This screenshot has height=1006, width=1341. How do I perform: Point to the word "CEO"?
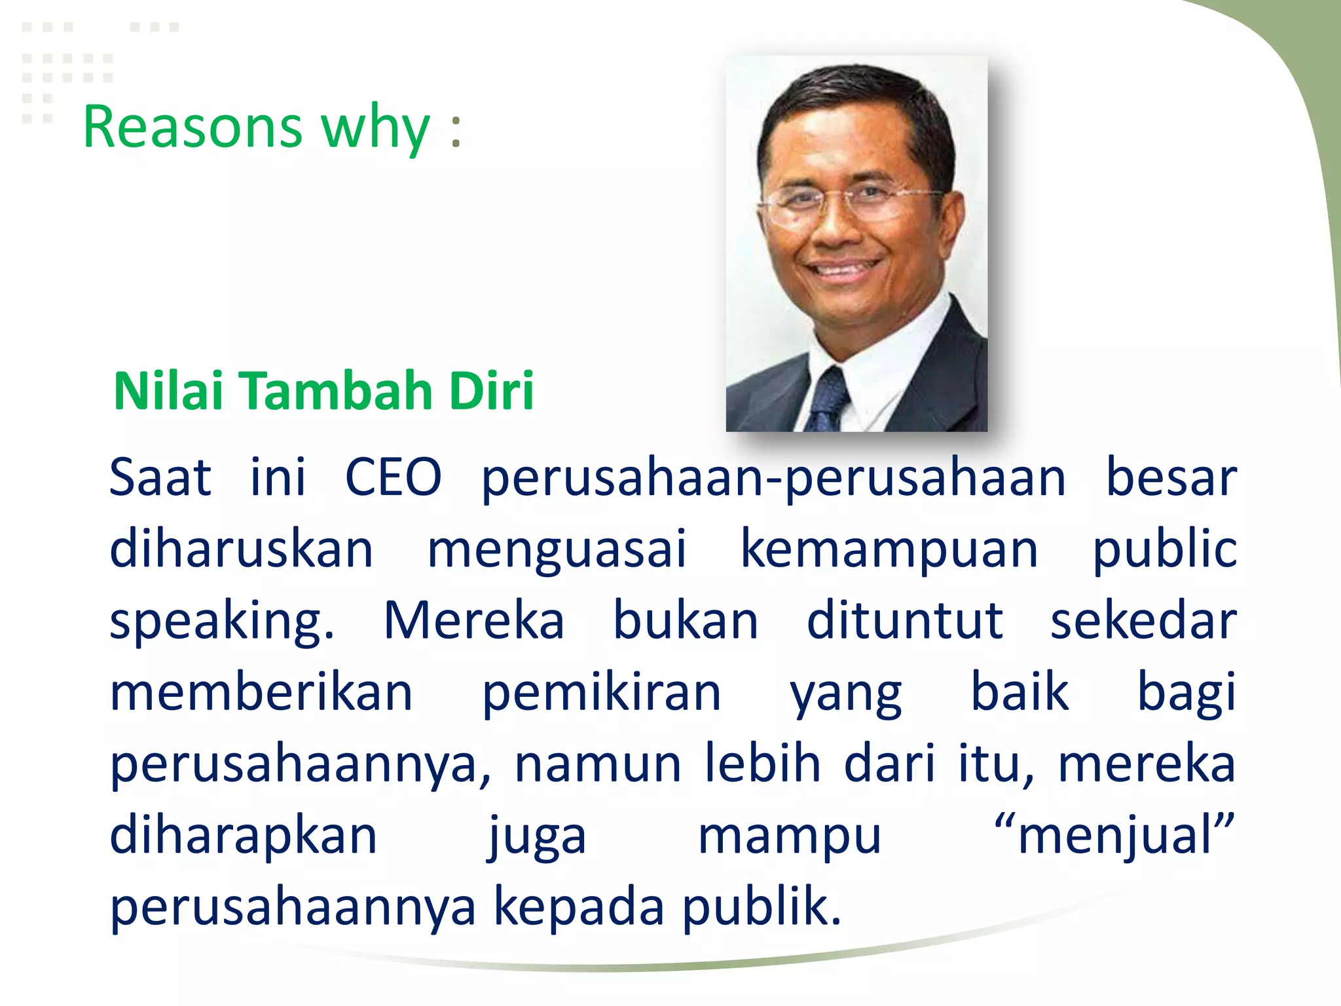click(x=393, y=477)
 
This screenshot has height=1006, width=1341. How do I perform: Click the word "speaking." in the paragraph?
click(x=222, y=622)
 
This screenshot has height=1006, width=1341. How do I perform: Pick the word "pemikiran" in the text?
click(x=601, y=694)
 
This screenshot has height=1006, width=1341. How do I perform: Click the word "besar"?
click(x=1171, y=477)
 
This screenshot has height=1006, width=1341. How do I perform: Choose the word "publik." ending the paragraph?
click(x=762, y=908)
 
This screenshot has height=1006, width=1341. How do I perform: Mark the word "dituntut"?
click(x=904, y=620)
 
